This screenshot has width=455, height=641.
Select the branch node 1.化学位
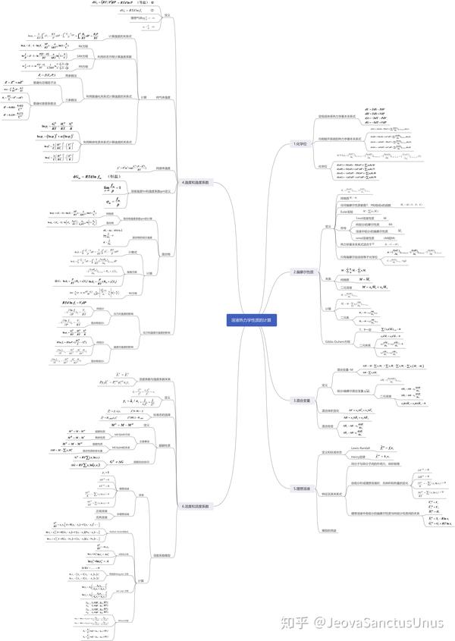pos(302,143)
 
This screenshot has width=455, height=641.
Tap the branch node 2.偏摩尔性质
pos(305,272)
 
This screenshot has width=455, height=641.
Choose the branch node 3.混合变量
pos(303,400)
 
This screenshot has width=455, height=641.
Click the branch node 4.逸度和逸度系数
pos(195,182)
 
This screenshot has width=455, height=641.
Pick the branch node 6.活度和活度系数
pos(195,506)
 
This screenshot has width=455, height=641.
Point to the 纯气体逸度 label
pos(162,98)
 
